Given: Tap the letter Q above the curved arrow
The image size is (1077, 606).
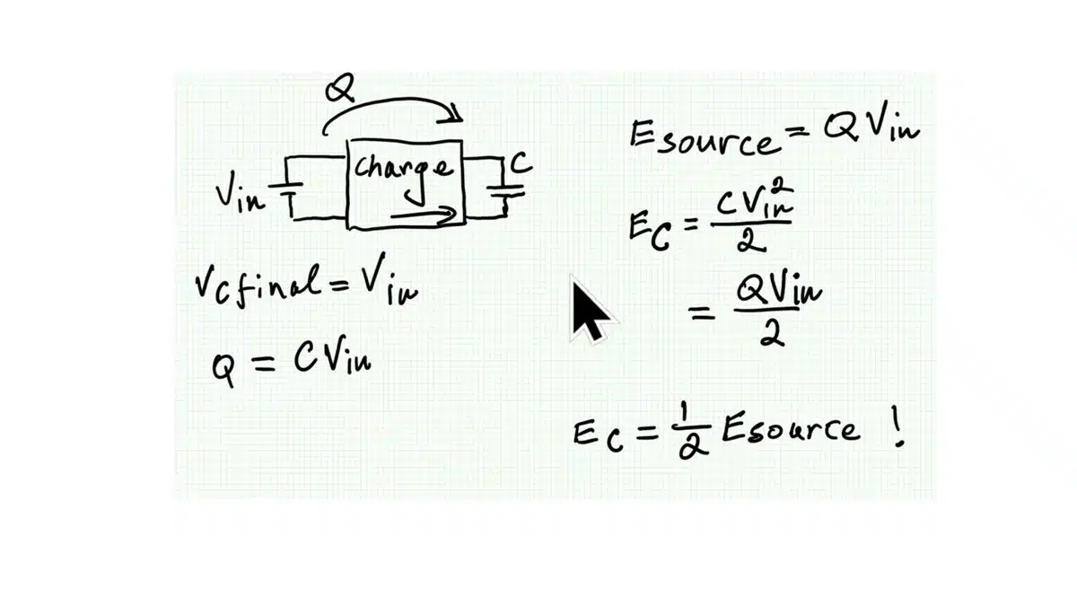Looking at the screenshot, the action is click(339, 88).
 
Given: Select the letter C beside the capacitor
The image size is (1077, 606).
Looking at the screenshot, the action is click(521, 163).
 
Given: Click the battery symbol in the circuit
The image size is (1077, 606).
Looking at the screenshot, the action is click(285, 197).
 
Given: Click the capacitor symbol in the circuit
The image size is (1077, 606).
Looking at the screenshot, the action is click(505, 192).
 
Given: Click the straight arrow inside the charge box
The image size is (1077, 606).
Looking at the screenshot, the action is click(424, 214).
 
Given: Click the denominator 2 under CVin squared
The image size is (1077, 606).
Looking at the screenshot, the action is click(751, 240).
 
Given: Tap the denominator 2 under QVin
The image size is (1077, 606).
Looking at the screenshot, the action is click(772, 334).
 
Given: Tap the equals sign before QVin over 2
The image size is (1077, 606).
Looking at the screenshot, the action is click(702, 312).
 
